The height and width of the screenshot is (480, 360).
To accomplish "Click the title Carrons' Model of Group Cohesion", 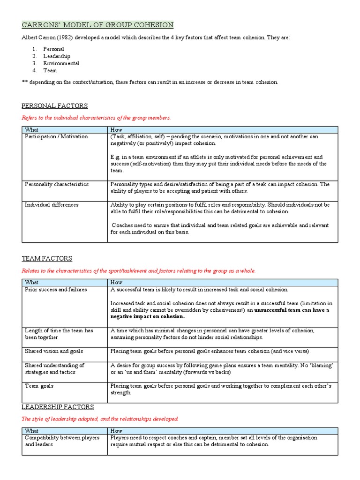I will (x=98, y=25).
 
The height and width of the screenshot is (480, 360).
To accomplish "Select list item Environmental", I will (x=61, y=63).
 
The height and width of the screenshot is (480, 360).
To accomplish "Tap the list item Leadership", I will (x=57, y=56).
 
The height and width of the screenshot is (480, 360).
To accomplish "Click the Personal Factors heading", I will (x=55, y=106).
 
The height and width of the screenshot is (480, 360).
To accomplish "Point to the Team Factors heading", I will (x=47, y=259).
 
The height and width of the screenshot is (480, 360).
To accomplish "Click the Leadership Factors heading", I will (x=58, y=407).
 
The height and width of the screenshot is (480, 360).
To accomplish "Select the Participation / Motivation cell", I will (x=56, y=136).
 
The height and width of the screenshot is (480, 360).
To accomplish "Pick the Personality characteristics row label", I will (x=57, y=184).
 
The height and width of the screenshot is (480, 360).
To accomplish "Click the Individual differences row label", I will (x=52, y=205).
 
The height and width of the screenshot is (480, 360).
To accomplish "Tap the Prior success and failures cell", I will (x=56, y=290).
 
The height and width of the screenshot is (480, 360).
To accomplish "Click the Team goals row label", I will (x=39, y=386).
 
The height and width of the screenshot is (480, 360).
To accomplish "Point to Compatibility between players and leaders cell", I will (x=62, y=441).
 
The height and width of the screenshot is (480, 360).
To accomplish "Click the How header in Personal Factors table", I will (x=116, y=129).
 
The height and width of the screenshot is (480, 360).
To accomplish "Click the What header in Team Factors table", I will (x=32, y=282).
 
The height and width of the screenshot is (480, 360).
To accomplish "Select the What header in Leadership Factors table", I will (x=32, y=430).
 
